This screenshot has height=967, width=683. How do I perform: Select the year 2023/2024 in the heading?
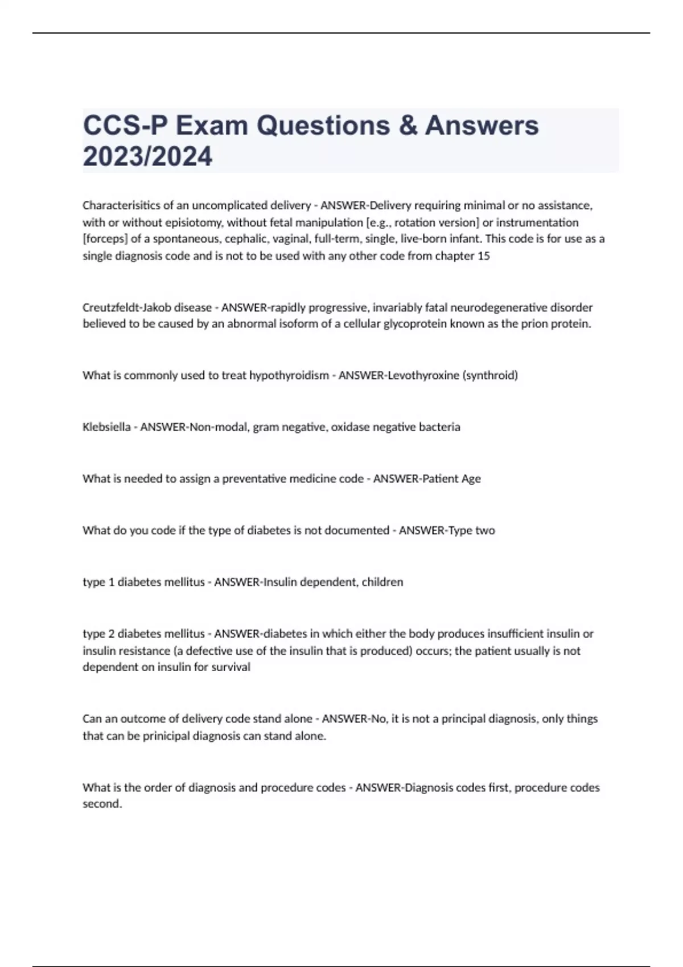coord(147,156)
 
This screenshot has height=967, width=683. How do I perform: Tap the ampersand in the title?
coord(408,125)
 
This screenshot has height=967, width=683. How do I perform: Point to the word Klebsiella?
coord(106,427)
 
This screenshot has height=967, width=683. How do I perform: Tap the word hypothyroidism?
coord(289,375)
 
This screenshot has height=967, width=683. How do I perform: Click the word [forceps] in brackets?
coord(105,239)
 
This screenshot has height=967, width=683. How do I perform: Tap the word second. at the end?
coord(102,804)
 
